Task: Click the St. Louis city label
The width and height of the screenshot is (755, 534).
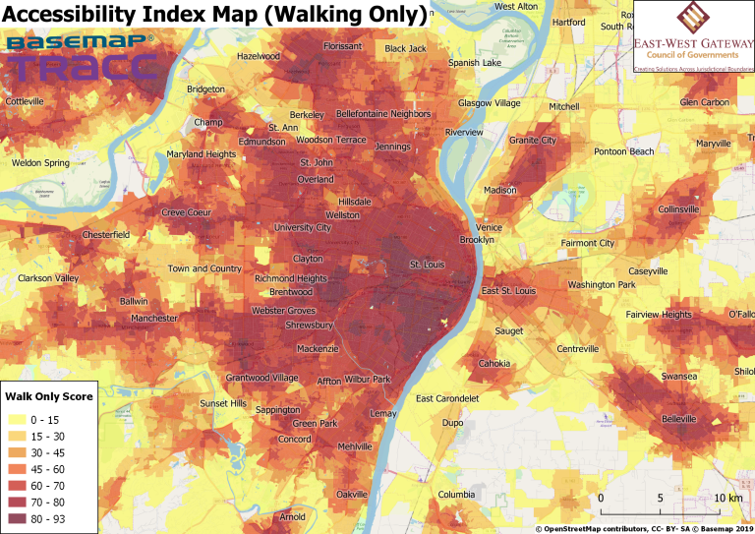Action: [428, 265]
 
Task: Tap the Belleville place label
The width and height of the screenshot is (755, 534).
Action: [678, 419]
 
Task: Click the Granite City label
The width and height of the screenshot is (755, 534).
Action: [532, 141]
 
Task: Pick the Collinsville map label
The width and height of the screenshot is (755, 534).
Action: [679, 209]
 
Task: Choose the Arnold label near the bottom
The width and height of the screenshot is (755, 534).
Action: [293, 516]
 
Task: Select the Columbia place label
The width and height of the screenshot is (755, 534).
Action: [456, 494]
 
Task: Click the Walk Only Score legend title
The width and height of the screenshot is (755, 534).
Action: [49, 396]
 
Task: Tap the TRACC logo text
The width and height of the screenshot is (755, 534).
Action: [83, 67]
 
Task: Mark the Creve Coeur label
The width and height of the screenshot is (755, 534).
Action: [187, 212]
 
